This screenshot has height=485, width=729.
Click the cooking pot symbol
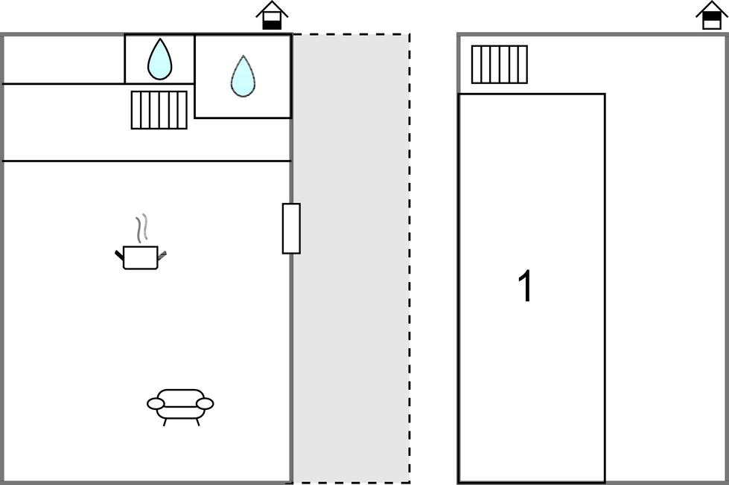(x=141, y=257)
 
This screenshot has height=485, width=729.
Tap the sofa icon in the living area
(x=180, y=406)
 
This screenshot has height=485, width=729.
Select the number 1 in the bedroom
(x=526, y=286)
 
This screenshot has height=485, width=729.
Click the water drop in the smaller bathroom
(x=159, y=59)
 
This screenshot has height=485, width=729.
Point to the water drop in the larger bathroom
(x=243, y=77)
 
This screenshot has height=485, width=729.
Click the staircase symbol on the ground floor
(x=159, y=110)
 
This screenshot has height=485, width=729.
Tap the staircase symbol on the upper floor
(x=500, y=65)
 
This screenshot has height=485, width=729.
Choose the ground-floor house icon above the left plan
(x=272, y=16)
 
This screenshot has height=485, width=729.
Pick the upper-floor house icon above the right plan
(x=711, y=16)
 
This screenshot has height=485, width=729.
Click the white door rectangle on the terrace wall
(x=291, y=228)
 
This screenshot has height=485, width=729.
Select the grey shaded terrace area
(x=351, y=258)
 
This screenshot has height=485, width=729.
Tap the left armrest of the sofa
(x=156, y=404)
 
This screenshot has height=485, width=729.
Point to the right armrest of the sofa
(x=205, y=404)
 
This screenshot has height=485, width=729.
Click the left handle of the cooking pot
(x=119, y=255)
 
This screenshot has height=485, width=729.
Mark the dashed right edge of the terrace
(x=410, y=258)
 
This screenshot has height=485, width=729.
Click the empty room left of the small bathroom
(x=64, y=60)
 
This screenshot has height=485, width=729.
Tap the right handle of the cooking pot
(x=162, y=254)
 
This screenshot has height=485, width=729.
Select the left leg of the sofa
(x=165, y=422)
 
